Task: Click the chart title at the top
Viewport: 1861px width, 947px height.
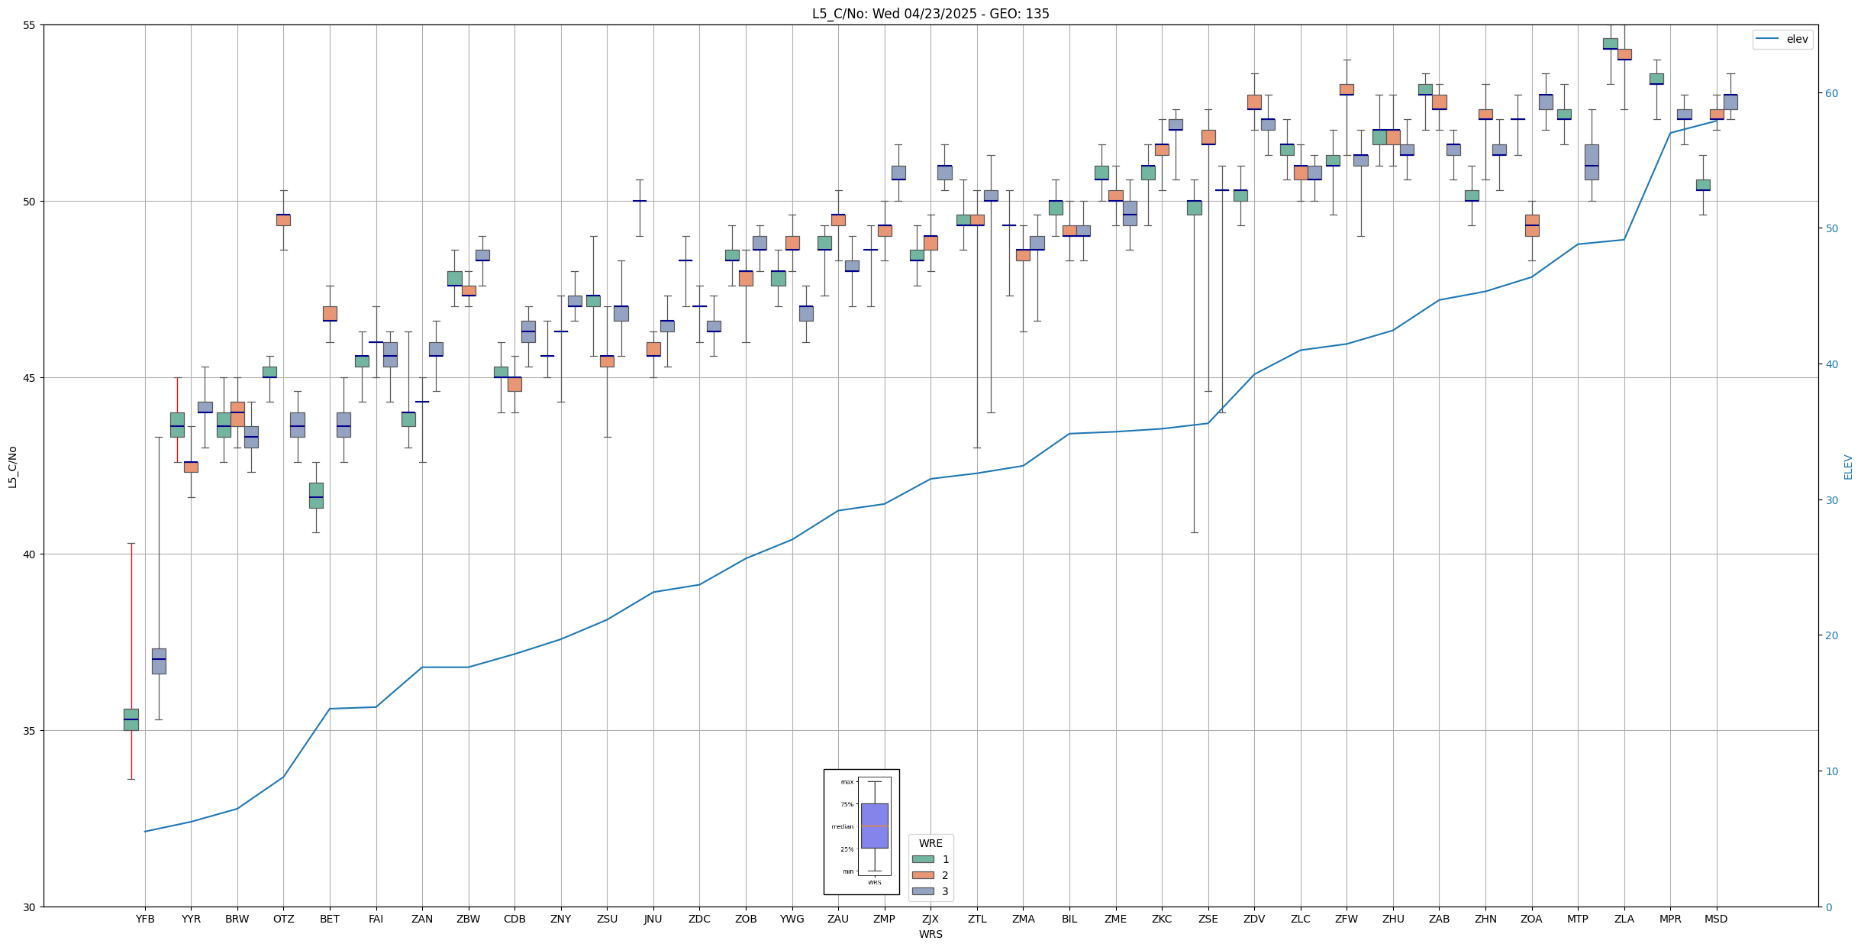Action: coord(930,14)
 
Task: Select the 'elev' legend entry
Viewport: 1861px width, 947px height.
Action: coord(1797,39)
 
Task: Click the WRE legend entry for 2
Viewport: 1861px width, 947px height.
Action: coord(945,875)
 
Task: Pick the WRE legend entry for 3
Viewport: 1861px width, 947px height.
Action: coord(945,891)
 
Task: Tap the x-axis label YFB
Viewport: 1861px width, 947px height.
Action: coord(145,919)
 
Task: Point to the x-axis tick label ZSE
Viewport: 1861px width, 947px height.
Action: coord(1208,919)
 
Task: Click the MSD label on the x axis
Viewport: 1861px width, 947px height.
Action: coord(1716,919)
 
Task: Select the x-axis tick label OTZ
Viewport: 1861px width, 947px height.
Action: coord(283,919)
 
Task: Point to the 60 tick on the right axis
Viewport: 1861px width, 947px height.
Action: coord(1831,93)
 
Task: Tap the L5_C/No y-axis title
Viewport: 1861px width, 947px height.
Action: coord(12,466)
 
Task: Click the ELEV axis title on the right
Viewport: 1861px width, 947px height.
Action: coord(1848,466)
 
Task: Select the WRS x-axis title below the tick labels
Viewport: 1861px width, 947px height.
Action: coord(930,934)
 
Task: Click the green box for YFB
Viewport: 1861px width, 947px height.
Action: coord(131,719)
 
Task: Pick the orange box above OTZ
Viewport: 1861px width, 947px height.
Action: coord(283,220)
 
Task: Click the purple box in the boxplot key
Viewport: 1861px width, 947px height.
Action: coord(874,826)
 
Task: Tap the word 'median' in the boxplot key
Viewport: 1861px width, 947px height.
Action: coord(843,827)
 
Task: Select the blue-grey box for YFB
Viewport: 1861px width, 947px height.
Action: coord(159,661)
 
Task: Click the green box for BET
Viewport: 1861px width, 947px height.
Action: coord(316,495)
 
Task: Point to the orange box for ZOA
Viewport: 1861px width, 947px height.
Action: coord(1532,225)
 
